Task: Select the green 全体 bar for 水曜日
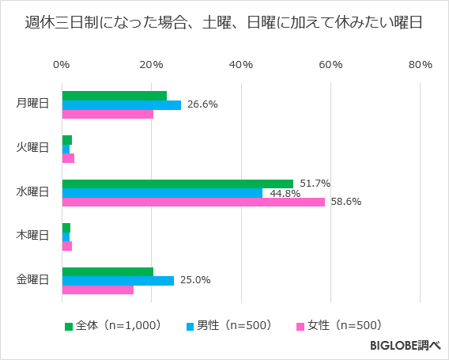(x=177, y=184)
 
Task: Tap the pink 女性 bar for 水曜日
(x=193, y=202)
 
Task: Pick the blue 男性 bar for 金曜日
(x=118, y=280)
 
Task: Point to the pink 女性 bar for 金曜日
(x=97, y=290)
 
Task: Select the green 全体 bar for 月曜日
(x=114, y=96)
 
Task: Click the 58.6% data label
(x=345, y=202)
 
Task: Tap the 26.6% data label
(x=202, y=104)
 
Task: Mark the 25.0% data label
(x=194, y=280)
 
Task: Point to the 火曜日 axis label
(x=32, y=148)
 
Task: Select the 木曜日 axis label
(x=32, y=236)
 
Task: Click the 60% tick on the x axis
(x=330, y=65)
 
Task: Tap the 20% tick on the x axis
(x=152, y=65)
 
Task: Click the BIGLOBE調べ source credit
(x=405, y=346)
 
